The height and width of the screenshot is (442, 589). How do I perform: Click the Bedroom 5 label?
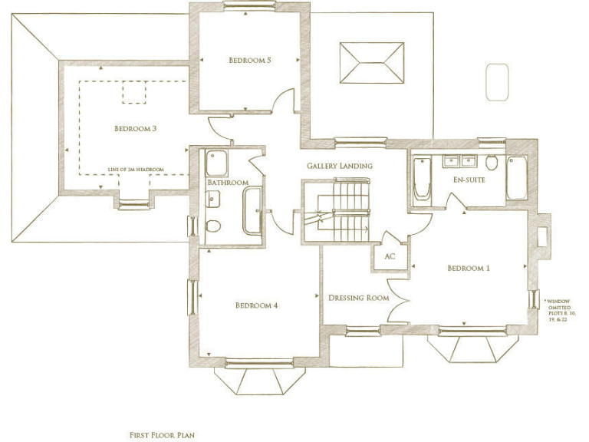tap(250, 60)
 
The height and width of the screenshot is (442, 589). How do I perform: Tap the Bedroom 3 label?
tap(136, 128)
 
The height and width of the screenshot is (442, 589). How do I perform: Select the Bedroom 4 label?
tap(256, 305)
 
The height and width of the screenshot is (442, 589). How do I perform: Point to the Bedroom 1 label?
tap(469, 269)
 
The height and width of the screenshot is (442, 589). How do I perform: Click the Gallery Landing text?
tap(340, 166)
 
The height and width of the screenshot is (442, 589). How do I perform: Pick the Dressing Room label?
tap(358, 298)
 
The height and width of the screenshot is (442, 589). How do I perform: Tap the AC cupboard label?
tap(390, 256)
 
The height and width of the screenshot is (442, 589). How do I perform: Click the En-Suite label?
tap(466, 180)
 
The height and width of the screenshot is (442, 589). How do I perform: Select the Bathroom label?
tap(227, 183)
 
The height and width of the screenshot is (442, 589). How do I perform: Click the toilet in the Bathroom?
tap(214, 226)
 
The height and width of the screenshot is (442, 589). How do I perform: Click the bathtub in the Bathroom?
tap(252, 211)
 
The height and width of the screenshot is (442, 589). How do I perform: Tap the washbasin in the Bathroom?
tap(213, 200)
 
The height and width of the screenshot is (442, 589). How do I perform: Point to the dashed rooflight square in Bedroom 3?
tap(134, 92)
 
